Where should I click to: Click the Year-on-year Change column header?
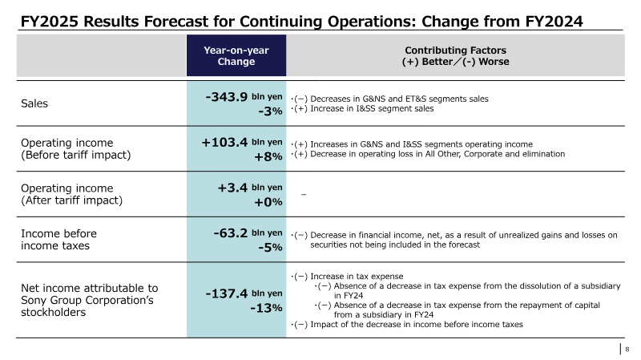coord(236,55)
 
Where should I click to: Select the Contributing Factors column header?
coord(455,55)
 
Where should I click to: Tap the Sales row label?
coord(34,103)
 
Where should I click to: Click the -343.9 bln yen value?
coord(244,97)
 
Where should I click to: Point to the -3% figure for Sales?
coord(270,111)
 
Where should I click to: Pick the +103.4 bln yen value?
coord(242,143)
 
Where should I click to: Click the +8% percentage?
coord(268,156)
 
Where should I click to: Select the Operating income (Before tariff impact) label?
coord(75,149)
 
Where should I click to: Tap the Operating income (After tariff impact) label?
coord(71,194)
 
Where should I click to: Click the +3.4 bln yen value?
coord(250,188)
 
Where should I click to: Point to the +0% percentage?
coord(268,202)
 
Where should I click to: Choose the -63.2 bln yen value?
coord(248,233)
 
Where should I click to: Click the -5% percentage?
coord(270,248)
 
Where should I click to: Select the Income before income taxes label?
coord(58,240)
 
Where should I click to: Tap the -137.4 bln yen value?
coord(244,293)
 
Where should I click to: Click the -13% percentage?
coord(266,308)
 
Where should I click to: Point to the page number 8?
coord(627,350)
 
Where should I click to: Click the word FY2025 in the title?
coord(49,22)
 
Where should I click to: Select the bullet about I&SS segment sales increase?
coord(362,109)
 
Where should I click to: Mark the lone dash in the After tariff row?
coord(304,194)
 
